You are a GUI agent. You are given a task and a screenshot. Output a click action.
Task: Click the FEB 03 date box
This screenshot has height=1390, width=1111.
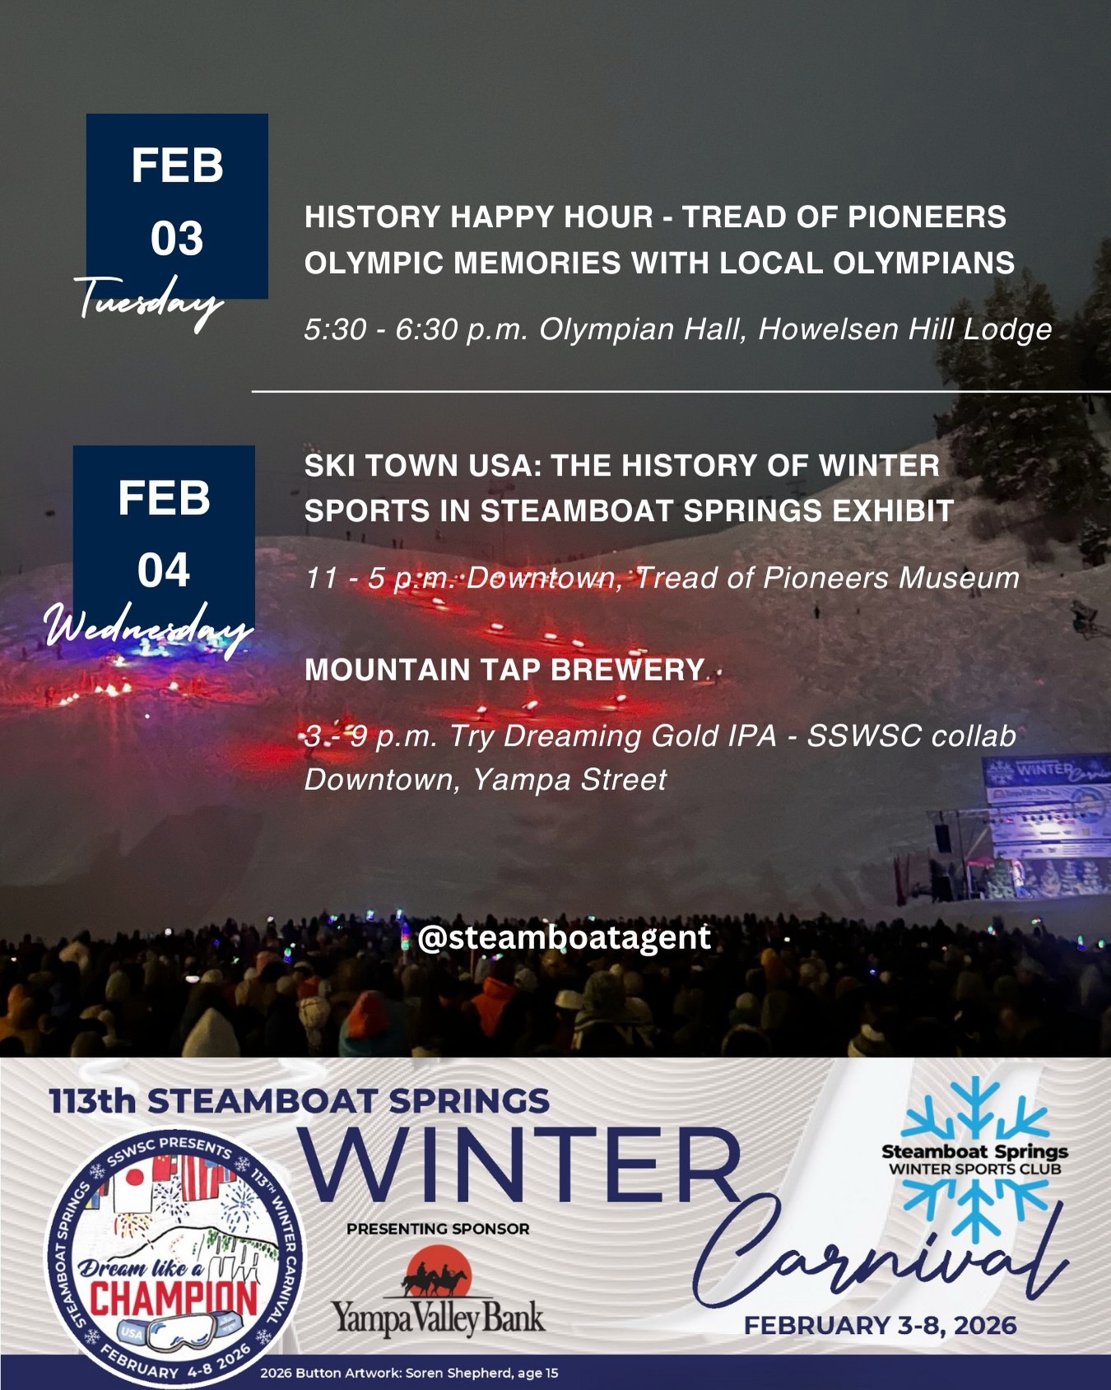(x=177, y=206)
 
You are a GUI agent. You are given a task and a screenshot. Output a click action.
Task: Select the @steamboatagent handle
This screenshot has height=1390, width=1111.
(x=564, y=937)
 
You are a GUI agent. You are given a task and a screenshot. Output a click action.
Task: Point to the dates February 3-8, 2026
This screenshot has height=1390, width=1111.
(x=881, y=1326)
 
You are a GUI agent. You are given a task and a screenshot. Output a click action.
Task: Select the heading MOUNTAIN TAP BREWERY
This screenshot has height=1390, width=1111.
(x=504, y=670)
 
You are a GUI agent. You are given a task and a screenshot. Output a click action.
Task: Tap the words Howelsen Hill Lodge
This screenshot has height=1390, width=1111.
(x=905, y=329)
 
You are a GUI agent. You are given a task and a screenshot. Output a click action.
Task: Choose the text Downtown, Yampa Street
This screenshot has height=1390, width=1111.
(x=486, y=779)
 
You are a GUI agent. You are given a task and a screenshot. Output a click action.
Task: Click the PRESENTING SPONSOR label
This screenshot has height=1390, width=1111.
(x=438, y=1229)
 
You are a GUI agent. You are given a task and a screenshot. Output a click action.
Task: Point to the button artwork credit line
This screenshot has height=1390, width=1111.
(x=410, y=1373)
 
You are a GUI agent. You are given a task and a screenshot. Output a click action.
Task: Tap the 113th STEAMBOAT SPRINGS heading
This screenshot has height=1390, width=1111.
(x=299, y=1100)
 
